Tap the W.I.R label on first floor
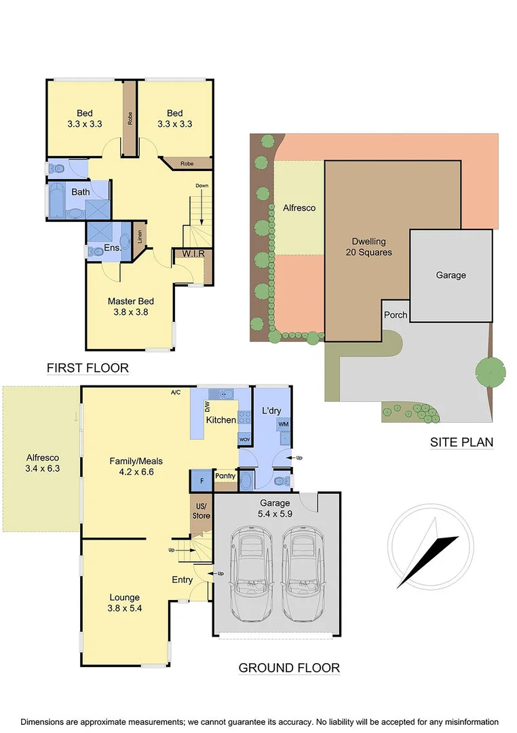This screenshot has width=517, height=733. point(192,254)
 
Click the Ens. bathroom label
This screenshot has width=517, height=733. point(113,248)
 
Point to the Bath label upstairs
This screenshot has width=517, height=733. point(81,192)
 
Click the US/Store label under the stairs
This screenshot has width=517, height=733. point(201,511)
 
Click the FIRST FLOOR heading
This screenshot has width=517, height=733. point(88,369)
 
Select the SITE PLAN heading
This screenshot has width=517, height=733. point(461,443)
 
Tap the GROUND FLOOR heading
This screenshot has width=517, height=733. point(289,668)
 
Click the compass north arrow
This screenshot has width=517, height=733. point(427,553)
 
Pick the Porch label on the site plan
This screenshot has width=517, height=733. point(396,315)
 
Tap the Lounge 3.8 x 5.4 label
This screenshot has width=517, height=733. point(125,603)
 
